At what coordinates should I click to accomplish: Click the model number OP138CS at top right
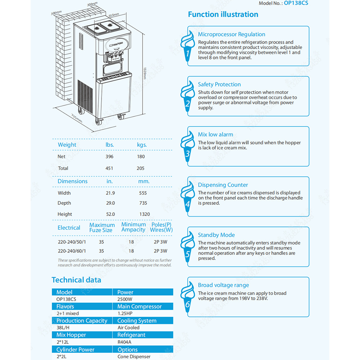point(295,3)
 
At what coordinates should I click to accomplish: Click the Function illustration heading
point(223,14)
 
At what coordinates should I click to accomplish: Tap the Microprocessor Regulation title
point(231,34)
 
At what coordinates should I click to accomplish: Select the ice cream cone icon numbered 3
point(187,146)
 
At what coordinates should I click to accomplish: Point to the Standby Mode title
point(216,235)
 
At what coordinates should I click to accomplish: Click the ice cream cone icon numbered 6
point(187,296)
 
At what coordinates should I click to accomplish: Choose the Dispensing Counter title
point(223,185)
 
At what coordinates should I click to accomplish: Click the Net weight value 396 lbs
point(109,157)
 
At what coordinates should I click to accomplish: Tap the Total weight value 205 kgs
point(140,168)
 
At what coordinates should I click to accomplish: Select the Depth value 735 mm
point(143,203)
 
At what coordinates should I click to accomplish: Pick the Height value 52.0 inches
point(111,214)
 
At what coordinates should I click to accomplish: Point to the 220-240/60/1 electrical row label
point(72,251)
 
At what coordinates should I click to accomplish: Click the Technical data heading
point(76,280)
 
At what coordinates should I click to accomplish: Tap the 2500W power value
point(125,299)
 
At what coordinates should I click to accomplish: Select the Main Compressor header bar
point(143,306)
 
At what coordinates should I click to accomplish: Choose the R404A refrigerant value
point(125,342)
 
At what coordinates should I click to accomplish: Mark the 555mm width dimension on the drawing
point(114,15)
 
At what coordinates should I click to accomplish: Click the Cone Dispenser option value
point(134,356)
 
